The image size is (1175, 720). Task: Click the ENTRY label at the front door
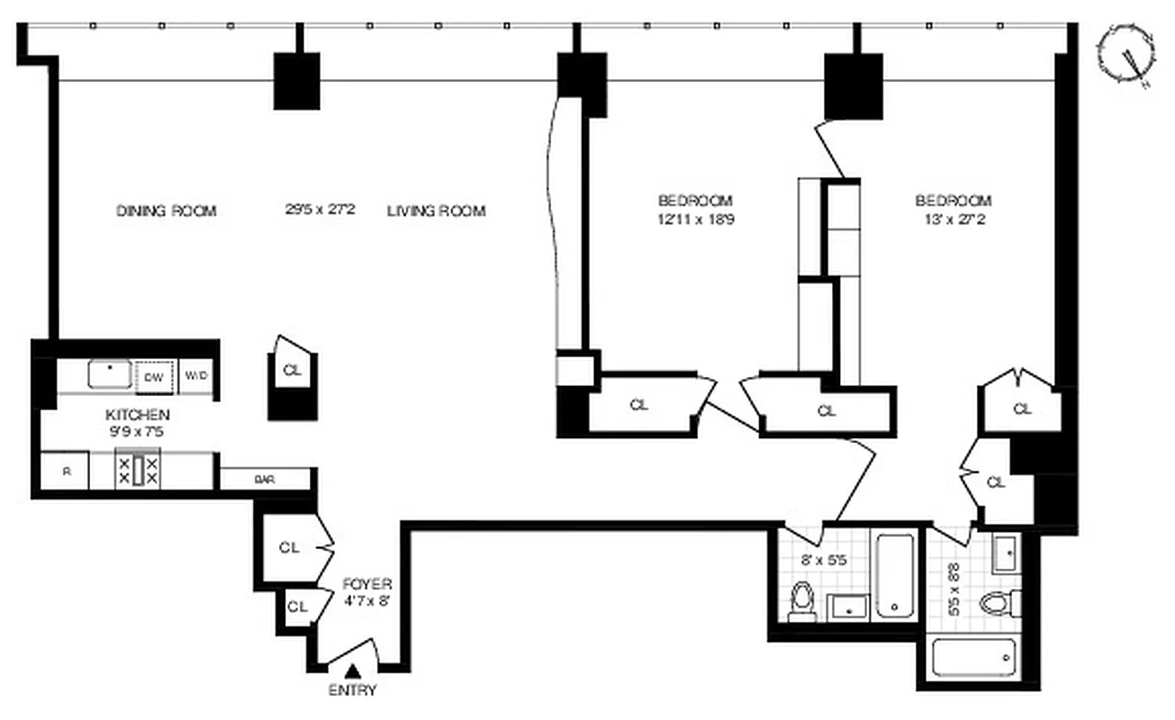[x=353, y=691]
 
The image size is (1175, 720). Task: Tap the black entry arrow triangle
[x=354, y=670]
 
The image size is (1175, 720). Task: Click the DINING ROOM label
[x=167, y=211]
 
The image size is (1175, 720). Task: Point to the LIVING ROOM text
[x=436, y=211]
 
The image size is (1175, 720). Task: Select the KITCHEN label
[x=138, y=415]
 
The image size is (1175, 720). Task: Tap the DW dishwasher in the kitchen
[x=154, y=377]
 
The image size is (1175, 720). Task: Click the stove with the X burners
[x=138, y=471]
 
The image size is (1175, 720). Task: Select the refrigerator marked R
[x=68, y=472]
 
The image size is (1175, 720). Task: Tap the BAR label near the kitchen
[x=264, y=481]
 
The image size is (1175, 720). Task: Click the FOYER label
[x=366, y=585]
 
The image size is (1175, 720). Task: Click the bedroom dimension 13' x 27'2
[x=953, y=218]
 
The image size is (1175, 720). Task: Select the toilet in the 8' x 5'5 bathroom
[x=800, y=602]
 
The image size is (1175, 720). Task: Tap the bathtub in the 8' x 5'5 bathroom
[x=894, y=576]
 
